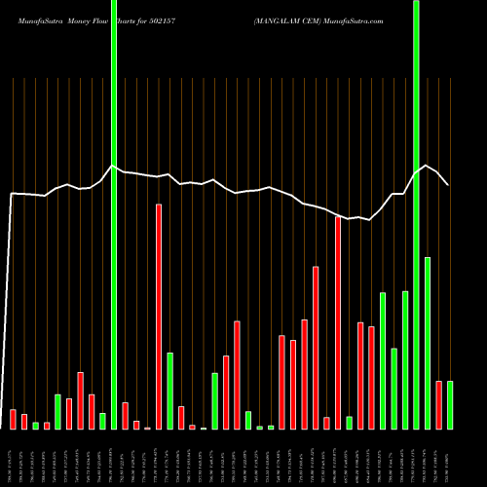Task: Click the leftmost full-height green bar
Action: point(114,214)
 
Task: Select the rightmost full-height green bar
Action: point(416,214)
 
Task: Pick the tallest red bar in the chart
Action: point(159,317)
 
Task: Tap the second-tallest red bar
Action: point(338,322)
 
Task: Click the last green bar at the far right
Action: point(449,404)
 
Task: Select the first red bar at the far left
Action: point(13,419)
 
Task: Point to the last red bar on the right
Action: point(438,404)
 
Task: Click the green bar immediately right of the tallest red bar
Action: point(169,391)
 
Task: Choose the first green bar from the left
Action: point(35,425)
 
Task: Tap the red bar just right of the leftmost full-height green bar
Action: point(125,415)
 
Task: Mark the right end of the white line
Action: point(448,184)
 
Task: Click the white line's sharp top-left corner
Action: point(12,194)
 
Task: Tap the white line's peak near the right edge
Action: point(425,166)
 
